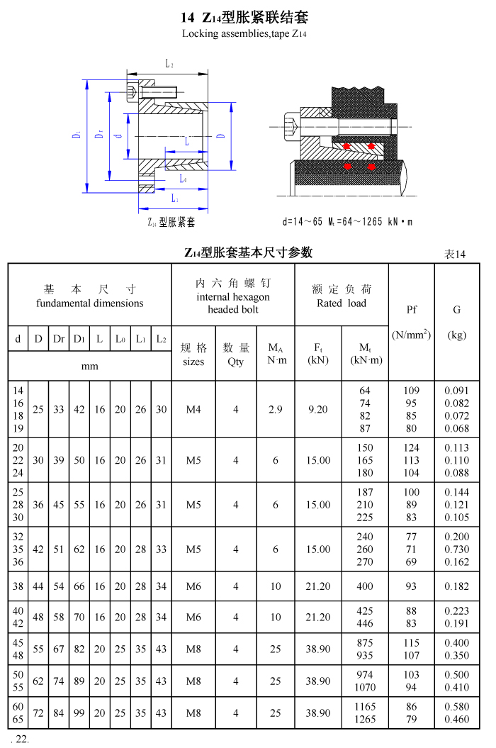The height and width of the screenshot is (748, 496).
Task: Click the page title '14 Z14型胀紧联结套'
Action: coord(244,17)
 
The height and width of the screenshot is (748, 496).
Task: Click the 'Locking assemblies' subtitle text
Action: coord(244,33)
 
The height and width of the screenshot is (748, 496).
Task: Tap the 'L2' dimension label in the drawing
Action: coord(169,65)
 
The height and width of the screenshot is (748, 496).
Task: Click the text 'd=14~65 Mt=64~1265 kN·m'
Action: coord(347,222)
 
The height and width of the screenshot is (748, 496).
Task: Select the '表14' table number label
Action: coord(455,254)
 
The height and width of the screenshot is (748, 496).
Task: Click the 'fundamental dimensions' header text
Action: coord(89,303)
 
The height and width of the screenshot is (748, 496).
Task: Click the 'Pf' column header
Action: coord(411,310)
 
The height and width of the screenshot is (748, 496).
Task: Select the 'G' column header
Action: coord(456,310)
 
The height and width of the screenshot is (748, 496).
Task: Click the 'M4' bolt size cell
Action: coord(193,409)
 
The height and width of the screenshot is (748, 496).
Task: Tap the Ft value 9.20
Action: coord(317,409)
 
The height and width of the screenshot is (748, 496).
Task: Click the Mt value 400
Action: coord(365,586)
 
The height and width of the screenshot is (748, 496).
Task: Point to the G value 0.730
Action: coord(456,549)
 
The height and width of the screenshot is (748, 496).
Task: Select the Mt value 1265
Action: coord(365,720)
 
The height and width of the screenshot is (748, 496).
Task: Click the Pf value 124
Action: coord(411,447)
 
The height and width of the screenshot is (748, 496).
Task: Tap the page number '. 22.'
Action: coord(18,739)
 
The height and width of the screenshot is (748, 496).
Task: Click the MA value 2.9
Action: coord(276,409)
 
